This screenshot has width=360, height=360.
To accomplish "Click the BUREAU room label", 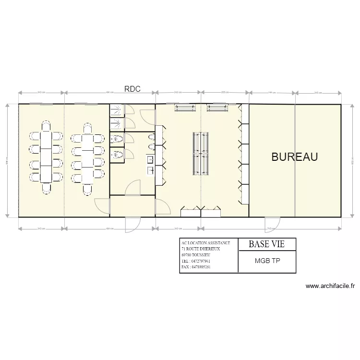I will click(295, 157).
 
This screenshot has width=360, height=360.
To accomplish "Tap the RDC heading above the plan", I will click(132, 89).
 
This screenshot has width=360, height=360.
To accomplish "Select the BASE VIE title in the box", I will click(266, 244).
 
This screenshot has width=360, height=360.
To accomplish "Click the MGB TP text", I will click(267, 262).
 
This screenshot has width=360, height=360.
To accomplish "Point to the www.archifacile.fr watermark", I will click(330, 287).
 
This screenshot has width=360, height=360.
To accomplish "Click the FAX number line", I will click(196, 267).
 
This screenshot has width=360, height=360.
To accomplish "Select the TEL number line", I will click(196, 261).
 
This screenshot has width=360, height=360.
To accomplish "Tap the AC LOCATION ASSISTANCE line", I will click(205, 243).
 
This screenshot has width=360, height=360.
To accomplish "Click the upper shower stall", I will click(116, 112).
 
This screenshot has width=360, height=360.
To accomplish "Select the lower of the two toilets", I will click(117, 155).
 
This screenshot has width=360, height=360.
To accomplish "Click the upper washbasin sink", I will click(150, 159).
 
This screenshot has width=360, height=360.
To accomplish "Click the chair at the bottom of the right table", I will click(88, 189).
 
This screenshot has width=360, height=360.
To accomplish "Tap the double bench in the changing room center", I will click(200, 154).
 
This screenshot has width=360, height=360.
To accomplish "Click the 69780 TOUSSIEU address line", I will click(199, 255).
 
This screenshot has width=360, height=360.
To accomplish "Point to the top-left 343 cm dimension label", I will click(41, 93).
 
